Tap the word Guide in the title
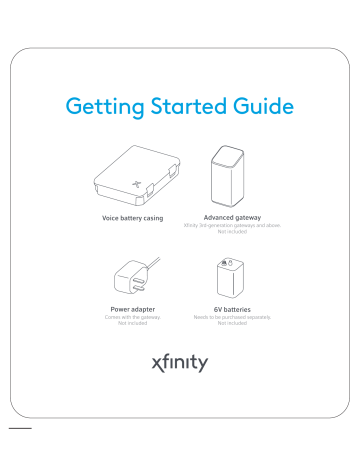265,105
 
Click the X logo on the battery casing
137,184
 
